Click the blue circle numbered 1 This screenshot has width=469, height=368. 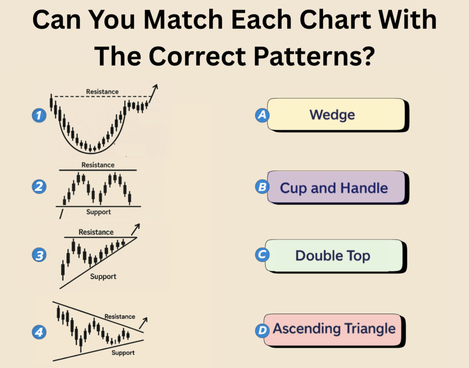pyautogui.click(x=39, y=115)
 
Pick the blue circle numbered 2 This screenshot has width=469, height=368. pyautogui.click(x=39, y=187)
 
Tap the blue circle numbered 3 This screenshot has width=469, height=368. pyautogui.click(x=39, y=255)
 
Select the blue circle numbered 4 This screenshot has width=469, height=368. pyautogui.click(x=39, y=332)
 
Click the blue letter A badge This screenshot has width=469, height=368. pyautogui.click(x=262, y=115)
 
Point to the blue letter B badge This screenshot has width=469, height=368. pyautogui.click(x=262, y=187)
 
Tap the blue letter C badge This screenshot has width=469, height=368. pyautogui.click(x=262, y=255)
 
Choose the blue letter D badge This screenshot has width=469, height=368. pyautogui.click(x=262, y=330)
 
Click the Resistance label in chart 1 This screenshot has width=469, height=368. pyautogui.click(x=102, y=92)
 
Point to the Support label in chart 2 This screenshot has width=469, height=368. pyautogui.click(x=98, y=212)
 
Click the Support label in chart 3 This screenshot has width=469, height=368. pyautogui.click(x=103, y=276)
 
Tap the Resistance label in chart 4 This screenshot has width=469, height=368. pyautogui.click(x=120, y=317)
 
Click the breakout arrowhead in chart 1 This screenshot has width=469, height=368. pyautogui.click(x=155, y=87)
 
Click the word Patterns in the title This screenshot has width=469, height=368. pyautogui.click(x=314, y=56)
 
